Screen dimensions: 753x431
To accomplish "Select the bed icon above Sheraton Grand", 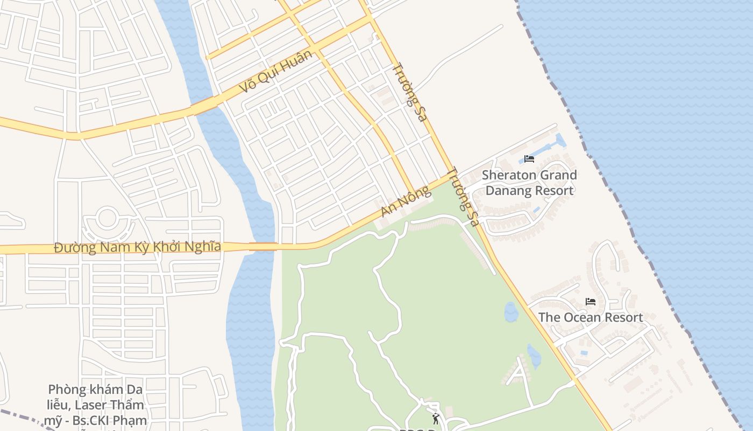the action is (x=529, y=159).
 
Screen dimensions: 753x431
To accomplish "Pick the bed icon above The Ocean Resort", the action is (x=591, y=302).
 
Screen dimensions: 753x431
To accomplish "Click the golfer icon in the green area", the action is (x=435, y=418).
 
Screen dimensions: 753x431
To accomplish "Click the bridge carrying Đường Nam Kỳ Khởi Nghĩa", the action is (x=263, y=247).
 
